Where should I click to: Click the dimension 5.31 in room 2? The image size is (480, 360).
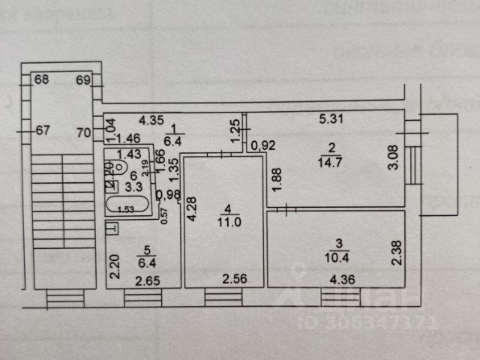(x=331, y=118)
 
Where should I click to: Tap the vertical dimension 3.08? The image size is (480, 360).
(x=394, y=160)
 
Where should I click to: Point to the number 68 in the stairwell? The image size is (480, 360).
(x=41, y=79)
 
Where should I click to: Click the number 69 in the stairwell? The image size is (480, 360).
(x=82, y=79)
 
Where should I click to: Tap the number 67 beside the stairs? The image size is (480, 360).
(x=43, y=130)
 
